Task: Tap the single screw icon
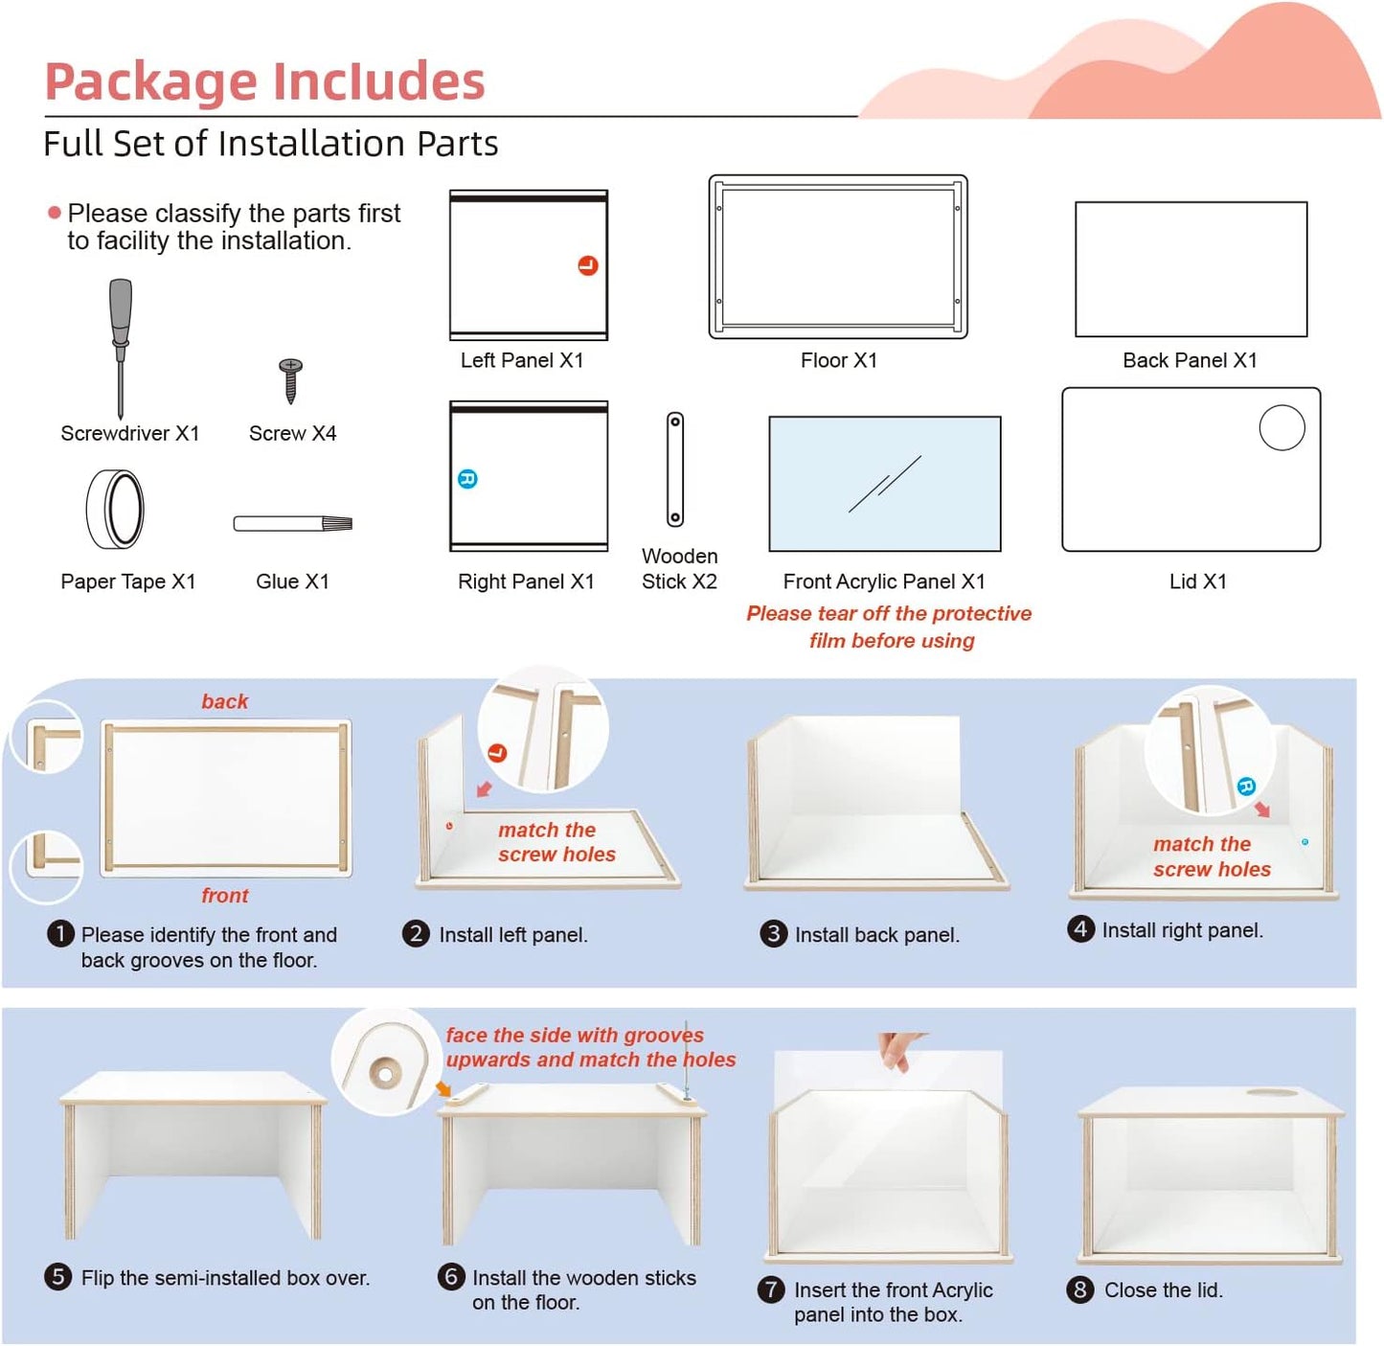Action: point(291,379)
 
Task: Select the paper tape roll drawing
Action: point(116,509)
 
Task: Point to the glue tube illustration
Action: point(293,523)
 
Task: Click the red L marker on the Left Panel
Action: point(588,265)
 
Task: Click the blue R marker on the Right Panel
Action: point(467,479)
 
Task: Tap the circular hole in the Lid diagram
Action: point(1282,428)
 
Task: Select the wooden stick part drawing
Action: point(675,468)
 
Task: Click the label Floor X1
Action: point(838,360)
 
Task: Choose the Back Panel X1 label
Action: point(1190,360)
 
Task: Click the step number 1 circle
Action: point(60,933)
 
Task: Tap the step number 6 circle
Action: point(451,1276)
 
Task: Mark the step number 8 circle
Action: point(1080,1289)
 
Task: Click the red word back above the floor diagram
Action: point(224,701)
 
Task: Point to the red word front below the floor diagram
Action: point(224,895)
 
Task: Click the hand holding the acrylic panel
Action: point(897,1049)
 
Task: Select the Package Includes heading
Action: point(265,80)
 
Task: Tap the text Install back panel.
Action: point(876,935)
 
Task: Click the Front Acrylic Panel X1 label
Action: point(883,582)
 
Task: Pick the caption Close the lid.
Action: point(1163,1290)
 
